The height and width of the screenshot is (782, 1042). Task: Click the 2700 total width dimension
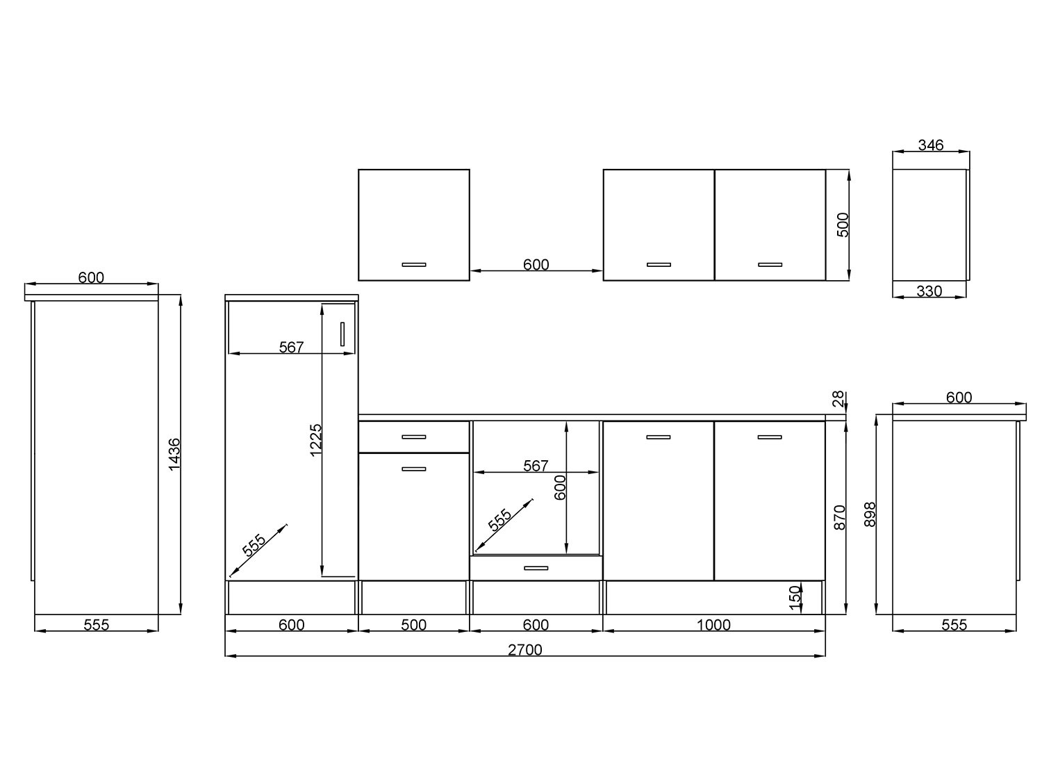click(x=524, y=649)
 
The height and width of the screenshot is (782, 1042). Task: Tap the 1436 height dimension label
click(x=174, y=455)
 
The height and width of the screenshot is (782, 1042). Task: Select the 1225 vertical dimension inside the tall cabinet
click(x=315, y=440)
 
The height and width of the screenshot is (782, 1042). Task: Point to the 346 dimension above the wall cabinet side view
click(x=930, y=145)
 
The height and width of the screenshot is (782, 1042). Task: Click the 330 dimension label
click(x=929, y=291)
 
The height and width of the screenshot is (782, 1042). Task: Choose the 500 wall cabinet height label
click(x=842, y=225)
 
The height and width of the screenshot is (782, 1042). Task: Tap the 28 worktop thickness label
click(x=838, y=398)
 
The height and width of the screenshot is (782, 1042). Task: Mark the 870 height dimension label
click(x=839, y=518)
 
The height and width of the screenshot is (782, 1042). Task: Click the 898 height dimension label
click(x=870, y=514)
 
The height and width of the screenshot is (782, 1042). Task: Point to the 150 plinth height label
click(x=795, y=598)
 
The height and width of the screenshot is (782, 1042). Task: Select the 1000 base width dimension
click(x=713, y=625)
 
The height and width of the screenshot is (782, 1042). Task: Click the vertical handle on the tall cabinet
click(x=342, y=334)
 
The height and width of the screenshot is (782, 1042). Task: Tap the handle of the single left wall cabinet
click(x=414, y=264)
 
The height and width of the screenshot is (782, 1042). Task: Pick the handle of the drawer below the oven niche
click(x=536, y=568)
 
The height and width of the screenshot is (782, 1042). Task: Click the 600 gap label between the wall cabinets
click(x=536, y=264)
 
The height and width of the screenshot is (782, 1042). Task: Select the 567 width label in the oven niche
click(x=536, y=466)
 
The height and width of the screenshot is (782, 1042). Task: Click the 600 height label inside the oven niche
click(x=560, y=487)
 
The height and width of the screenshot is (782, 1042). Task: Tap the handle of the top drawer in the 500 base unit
click(x=414, y=437)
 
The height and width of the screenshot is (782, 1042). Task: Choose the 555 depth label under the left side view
click(x=97, y=625)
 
